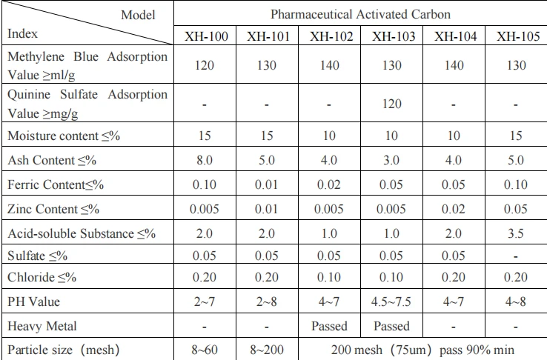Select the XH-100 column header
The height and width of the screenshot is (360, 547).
(x=206, y=36)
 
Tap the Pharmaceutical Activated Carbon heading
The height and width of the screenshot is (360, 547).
(x=360, y=14)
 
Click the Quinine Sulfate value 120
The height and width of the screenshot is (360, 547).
(x=392, y=104)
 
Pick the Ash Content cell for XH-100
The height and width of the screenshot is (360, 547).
(x=205, y=160)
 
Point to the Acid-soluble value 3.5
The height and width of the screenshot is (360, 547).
(x=516, y=233)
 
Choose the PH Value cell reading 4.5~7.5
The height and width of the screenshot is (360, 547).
(x=391, y=301)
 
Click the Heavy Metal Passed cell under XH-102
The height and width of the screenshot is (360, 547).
(x=329, y=326)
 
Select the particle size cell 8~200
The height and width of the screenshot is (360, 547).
(x=267, y=350)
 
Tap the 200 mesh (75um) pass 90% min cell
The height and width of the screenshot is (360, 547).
(x=422, y=350)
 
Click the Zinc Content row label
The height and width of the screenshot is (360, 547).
(x=53, y=209)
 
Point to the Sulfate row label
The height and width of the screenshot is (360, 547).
(x=37, y=256)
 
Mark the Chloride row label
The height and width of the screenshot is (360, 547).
(x=42, y=277)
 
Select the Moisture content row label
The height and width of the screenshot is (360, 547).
(x=64, y=136)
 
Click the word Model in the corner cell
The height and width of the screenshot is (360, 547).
(x=138, y=15)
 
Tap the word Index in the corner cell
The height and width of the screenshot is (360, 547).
(x=22, y=33)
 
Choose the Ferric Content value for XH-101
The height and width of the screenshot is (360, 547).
(x=267, y=184)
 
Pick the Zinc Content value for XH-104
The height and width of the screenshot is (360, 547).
(x=454, y=209)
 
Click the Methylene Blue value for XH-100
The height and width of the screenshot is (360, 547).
(x=205, y=65)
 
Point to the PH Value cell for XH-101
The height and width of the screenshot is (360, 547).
(x=267, y=301)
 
